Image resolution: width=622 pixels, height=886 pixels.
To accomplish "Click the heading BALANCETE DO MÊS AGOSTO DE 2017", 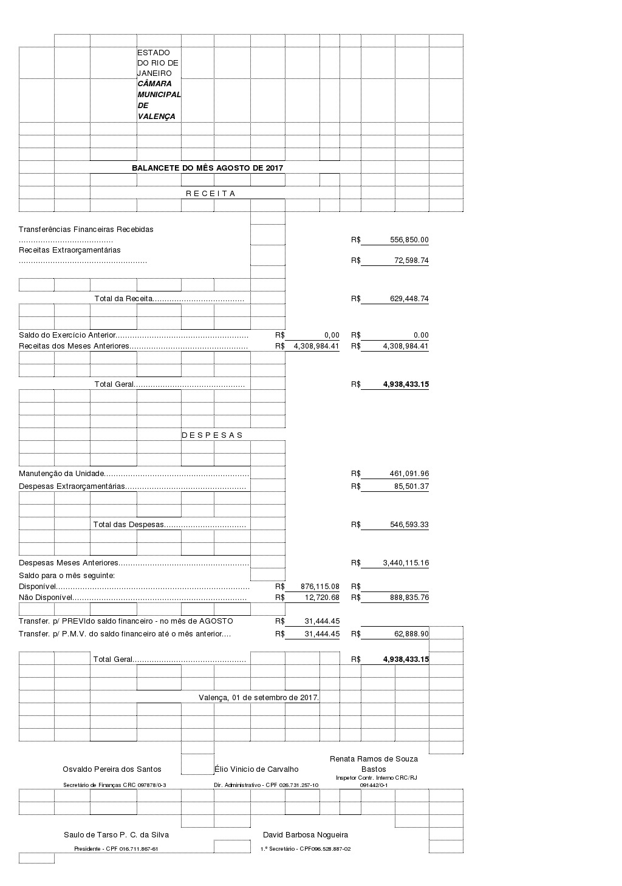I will click(207, 168).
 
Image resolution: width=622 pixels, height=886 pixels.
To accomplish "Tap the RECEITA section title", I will click(210, 193).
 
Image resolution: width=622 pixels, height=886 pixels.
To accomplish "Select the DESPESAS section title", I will click(212, 435).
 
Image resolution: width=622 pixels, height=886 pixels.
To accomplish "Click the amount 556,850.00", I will click(409, 240).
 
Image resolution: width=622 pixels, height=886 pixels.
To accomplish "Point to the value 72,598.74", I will click(411, 261).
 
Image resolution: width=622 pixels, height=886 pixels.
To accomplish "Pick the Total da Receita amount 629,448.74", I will click(409, 299).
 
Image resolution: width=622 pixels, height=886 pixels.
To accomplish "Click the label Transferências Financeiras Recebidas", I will click(86, 230).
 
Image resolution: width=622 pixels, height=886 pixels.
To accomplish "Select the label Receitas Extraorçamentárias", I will click(70, 250).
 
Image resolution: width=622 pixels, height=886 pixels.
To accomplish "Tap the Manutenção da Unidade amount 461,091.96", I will click(409, 474).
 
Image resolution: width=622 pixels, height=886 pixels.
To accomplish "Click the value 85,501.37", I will click(411, 486).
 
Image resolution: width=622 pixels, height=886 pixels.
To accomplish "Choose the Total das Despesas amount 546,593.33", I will click(409, 525).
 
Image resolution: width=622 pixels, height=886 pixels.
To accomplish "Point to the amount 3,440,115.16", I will click(406, 563).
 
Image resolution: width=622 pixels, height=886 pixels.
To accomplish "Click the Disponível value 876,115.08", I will click(320, 587).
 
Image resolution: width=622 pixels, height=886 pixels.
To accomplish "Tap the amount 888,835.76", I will click(409, 598).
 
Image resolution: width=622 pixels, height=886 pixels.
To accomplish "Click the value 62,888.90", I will click(411, 634).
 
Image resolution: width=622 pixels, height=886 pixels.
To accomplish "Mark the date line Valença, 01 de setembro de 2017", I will click(259, 697).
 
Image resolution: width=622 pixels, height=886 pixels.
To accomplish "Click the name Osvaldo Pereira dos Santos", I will click(112, 769).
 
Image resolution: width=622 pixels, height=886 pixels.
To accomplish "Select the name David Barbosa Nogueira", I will click(305, 835).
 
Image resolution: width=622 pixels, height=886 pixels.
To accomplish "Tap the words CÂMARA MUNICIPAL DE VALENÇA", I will click(159, 100).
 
